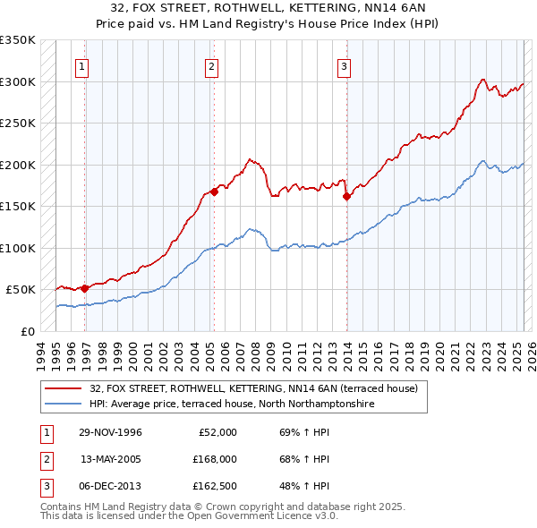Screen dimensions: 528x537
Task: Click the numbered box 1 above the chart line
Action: [81, 65]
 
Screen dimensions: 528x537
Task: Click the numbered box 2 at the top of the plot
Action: [211, 65]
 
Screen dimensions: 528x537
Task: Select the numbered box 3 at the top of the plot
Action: [344, 65]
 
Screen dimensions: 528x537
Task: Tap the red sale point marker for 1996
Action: [84, 288]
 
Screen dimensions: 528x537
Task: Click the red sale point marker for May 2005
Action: [214, 192]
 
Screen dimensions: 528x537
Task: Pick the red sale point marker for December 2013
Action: [346, 197]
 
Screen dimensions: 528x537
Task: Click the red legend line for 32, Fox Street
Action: [65, 388]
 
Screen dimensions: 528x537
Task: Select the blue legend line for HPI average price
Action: [65, 404]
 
